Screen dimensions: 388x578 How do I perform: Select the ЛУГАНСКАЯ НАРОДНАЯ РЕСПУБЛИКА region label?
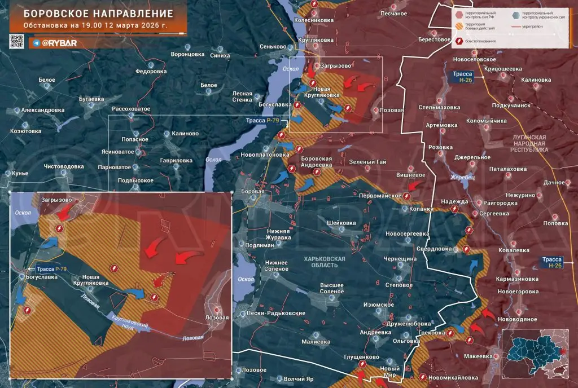tap(529, 144)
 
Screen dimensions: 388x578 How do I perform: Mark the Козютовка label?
tap(26, 131)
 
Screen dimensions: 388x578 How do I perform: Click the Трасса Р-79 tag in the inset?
tap(52, 268)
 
